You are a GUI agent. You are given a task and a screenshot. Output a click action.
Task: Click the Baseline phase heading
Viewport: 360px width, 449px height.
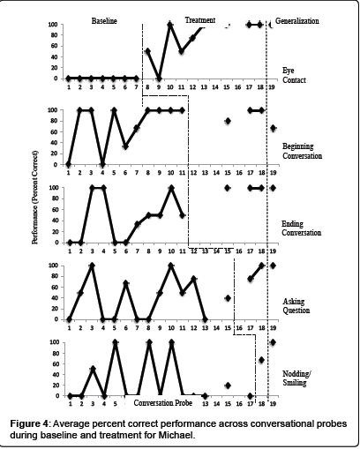(104, 21)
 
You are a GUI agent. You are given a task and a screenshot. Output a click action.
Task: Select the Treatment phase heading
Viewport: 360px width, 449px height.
(200, 20)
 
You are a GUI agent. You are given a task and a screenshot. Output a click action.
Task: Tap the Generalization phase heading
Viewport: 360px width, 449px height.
(297, 21)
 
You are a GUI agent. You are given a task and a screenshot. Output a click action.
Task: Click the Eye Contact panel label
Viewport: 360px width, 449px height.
(294, 75)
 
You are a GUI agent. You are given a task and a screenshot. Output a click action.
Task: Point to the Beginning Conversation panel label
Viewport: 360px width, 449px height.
(303, 151)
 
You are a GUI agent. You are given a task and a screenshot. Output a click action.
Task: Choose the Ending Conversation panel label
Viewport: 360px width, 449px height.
(302, 228)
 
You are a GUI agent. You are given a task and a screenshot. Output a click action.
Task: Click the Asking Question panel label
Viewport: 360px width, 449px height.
(296, 306)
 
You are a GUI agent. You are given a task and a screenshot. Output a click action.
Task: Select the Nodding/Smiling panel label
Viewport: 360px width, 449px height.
(296, 378)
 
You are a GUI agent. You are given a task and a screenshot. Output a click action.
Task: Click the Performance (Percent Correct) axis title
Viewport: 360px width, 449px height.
(35, 197)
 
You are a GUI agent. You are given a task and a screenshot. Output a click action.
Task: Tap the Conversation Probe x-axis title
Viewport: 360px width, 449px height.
(163, 402)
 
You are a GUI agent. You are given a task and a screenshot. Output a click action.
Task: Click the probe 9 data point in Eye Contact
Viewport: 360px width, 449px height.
(159, 79)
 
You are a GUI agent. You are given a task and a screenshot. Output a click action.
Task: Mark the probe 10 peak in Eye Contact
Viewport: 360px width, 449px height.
(169, 25)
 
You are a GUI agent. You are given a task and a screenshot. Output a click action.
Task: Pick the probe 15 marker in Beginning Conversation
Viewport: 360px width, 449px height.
(228, 121)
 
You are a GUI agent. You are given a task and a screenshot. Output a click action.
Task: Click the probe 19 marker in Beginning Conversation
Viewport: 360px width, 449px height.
(274, 128)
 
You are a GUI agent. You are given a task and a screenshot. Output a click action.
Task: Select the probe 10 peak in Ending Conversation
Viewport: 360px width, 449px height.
(171, 188)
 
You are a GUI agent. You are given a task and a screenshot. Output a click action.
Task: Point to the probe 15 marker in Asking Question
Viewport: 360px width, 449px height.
(228, 298)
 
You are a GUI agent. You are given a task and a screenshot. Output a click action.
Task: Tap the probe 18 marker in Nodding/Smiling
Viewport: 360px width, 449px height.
(261, 360)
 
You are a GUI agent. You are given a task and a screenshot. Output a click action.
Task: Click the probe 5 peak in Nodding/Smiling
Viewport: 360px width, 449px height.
(116, 342)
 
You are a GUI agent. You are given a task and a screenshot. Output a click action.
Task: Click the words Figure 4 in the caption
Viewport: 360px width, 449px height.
(29, 424)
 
